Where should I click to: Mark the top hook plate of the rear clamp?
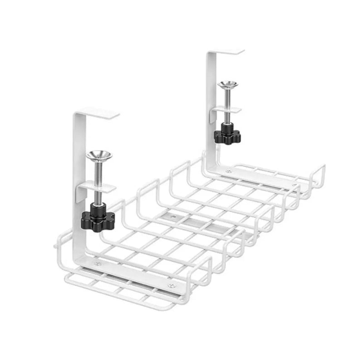coord(227,53)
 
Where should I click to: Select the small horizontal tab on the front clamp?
coord(95,186)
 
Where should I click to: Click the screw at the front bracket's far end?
coord(171,285)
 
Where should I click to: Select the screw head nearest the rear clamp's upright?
coord(228,171)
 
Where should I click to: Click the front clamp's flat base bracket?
coord(136,275)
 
